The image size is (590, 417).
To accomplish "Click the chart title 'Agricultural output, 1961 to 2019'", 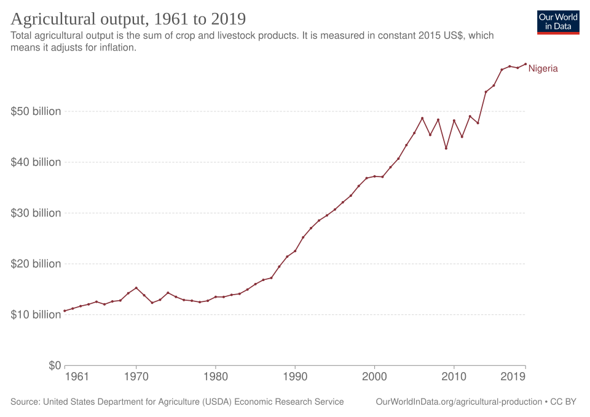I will (x=128, y=18).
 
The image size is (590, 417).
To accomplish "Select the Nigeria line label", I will (x=543, y=69).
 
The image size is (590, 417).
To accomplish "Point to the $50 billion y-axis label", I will (x=36, y=111).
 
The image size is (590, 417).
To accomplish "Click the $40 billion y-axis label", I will (x=36, y=162).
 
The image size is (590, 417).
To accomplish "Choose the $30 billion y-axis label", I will (x=36, y=213).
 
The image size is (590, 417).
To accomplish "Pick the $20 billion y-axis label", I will (x=36, y=264).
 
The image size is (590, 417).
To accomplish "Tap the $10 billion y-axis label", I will (x=36, y=314).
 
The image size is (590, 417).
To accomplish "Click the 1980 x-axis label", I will (x=216, y=376).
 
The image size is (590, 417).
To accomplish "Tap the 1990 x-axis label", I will (x=295, y=376).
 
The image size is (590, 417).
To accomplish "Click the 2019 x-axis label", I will (x=513, y=376).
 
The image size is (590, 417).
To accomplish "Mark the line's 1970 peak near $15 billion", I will (x=136, y=287).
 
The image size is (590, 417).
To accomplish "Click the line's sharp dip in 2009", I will (x=446, y=148).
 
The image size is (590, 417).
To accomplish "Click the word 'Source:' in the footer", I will (x=25, y=402).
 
